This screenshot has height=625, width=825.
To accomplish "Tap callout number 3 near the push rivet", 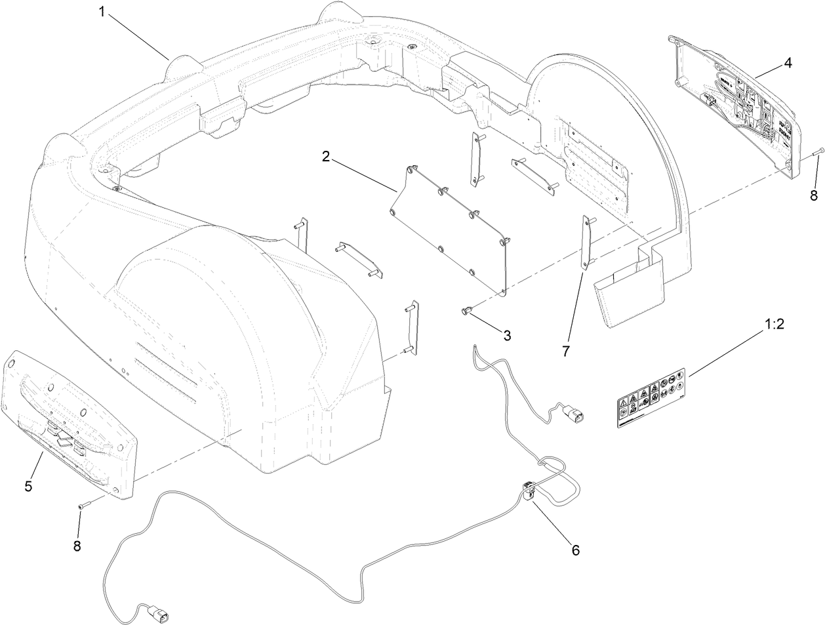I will (x=507, y=334).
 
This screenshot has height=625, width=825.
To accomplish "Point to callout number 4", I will (x=787, y=63).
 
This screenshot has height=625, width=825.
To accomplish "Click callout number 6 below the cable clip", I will (x=575, y=550).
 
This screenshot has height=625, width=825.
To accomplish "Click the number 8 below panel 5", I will (x=77, y=546).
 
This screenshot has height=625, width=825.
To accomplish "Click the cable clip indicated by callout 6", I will (x=528, y=489).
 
